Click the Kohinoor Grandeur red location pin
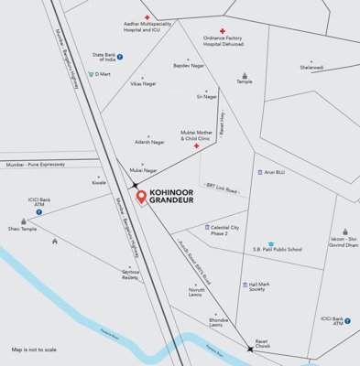pos(140,196)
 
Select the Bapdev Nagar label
pos(188,65)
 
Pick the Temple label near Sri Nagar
pos(244,81)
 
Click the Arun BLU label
pos(275,172)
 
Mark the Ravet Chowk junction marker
pos(250,349)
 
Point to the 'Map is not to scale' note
pos(34,350)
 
